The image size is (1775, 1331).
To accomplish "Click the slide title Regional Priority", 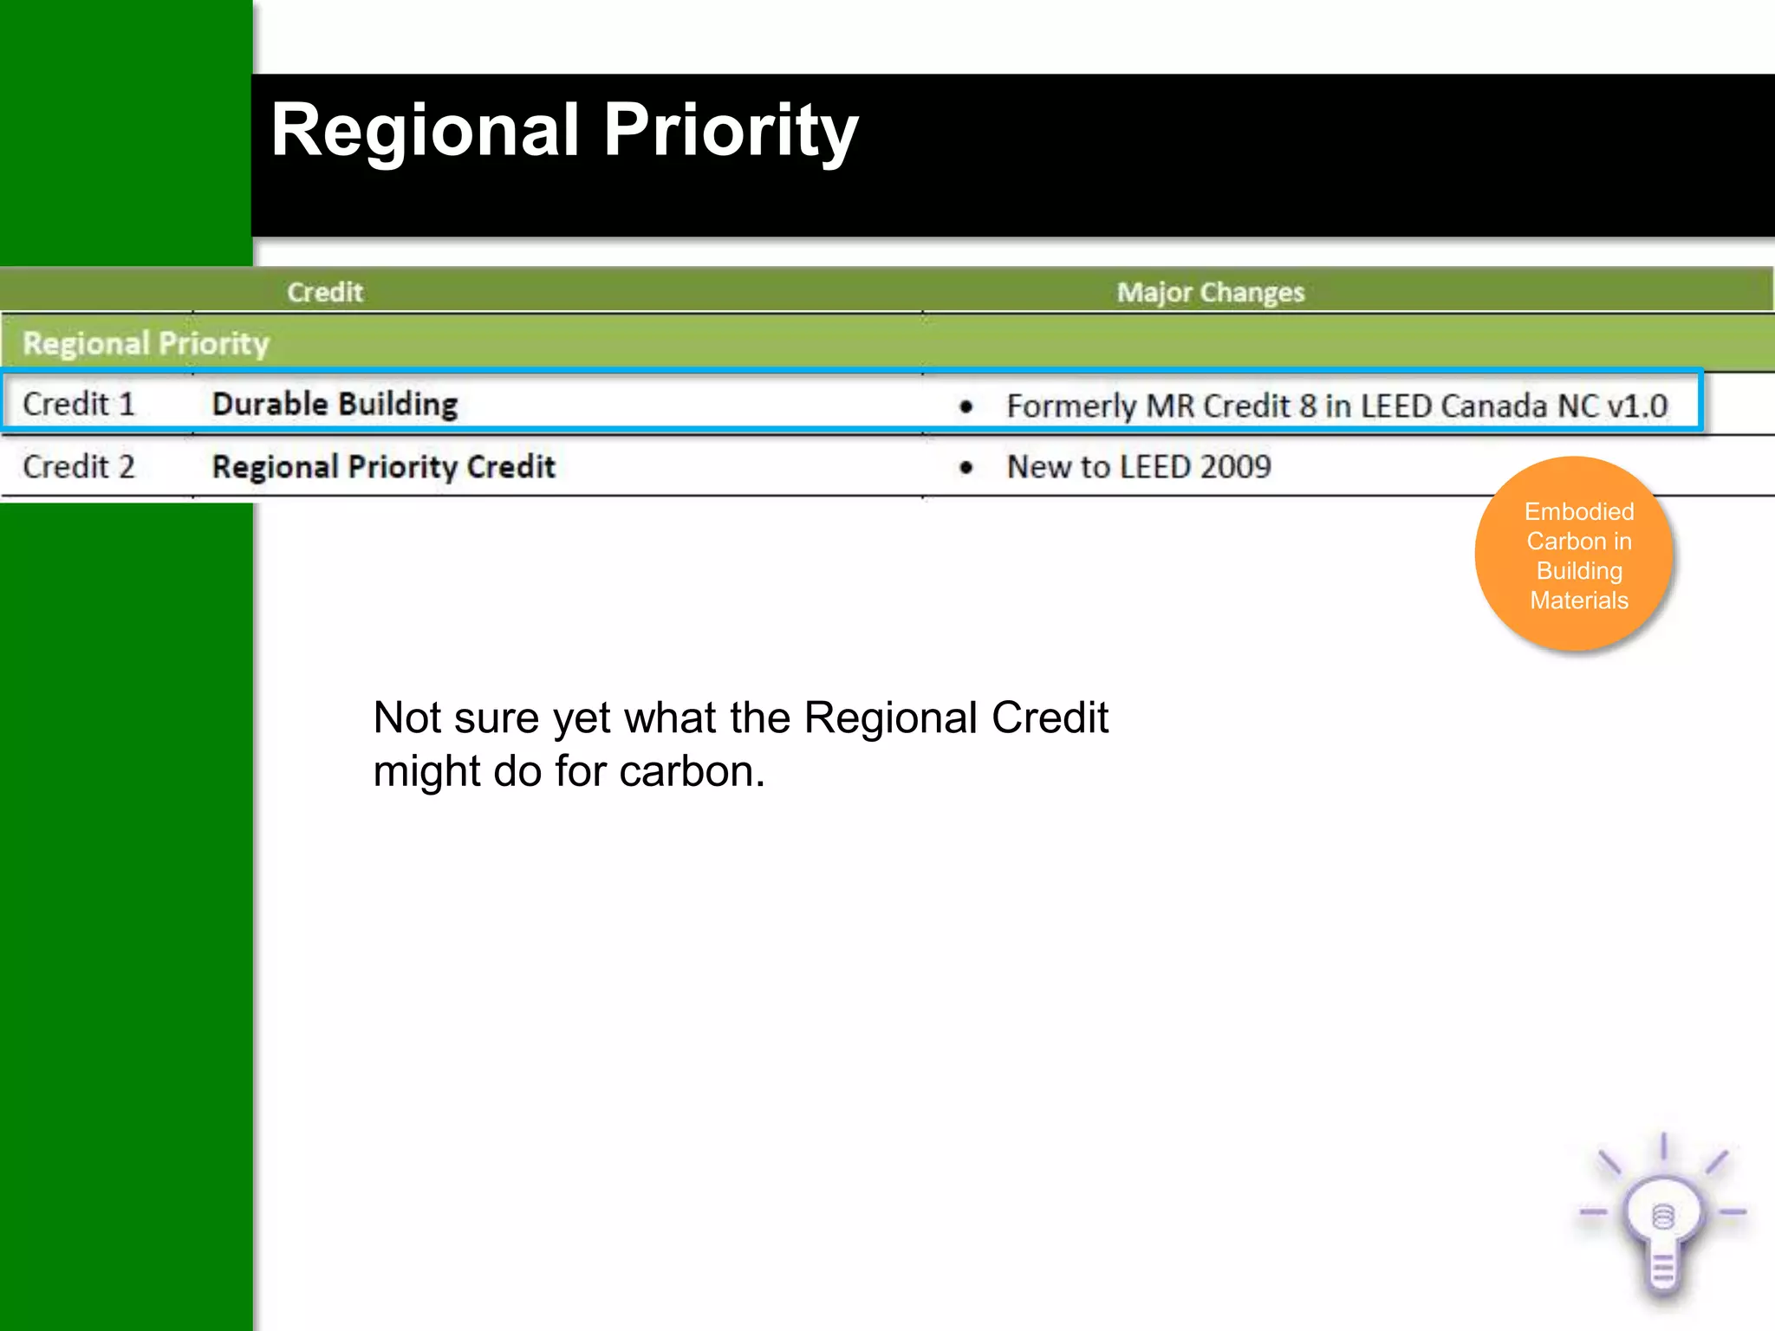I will pyautogui.click(x=564, y=130).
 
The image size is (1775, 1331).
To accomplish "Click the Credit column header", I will pyautogui.click(x=325, y=292).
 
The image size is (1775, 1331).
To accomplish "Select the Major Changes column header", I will pyautogui.click(x=1210, y=292).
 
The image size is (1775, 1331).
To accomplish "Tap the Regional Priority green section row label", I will pyautogui.click(x=146, y=343).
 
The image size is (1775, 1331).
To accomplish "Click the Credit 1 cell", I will pyautogui.click(x=79, y=404).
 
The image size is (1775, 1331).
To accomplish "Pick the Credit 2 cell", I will pyautogui.click(x=79, y=466).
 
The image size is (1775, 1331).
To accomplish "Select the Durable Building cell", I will pyautogui.click(x=335, y=404).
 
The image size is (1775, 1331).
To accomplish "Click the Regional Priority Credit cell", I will pyautogui.click(x=383, y=466).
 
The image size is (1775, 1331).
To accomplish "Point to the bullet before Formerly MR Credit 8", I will pyautogui.click(x=966, y=406).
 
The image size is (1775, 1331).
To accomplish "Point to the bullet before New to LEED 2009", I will pyautogui.click(x=966, y=468).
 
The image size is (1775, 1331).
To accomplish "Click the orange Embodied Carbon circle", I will pyautogui.click(x=1574, y=555).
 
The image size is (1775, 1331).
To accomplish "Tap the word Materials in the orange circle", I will pyautogui.click(x=1579, y=601).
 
